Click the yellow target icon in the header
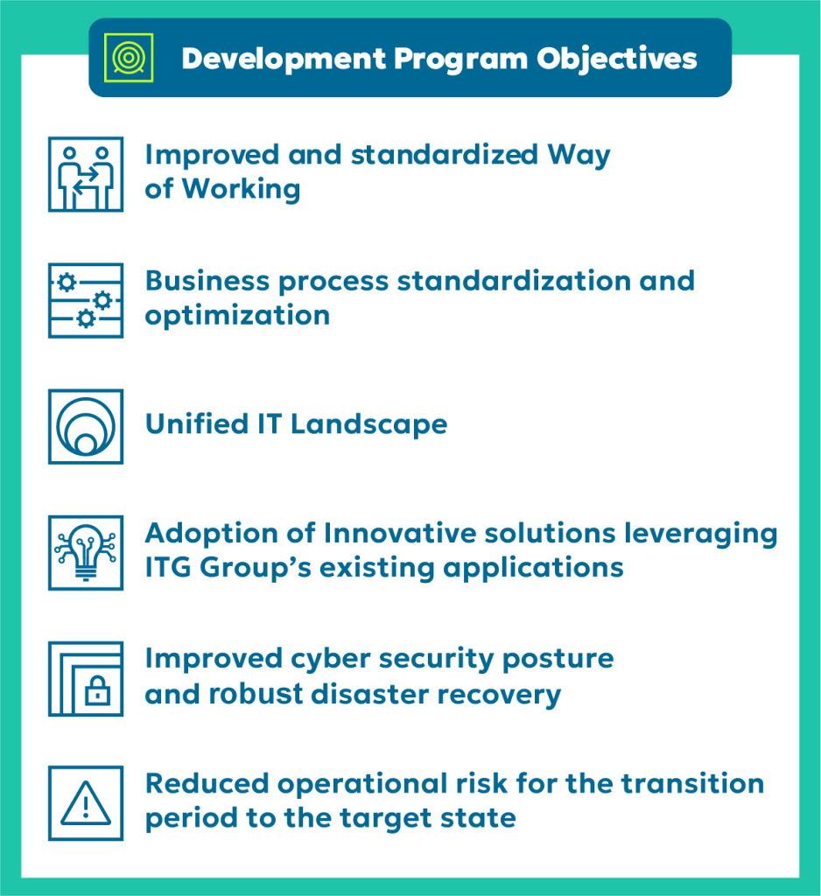click(x=129, y=58)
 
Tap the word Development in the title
click(x=284, y=59)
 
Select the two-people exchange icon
click(x=86, y=174)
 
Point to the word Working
click(x=242, y=190)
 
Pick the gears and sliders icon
click(x=86, y=301)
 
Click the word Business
click(x=207, y=281)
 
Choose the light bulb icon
click(x=86, y=553)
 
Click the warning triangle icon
click(x=86, y=803)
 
